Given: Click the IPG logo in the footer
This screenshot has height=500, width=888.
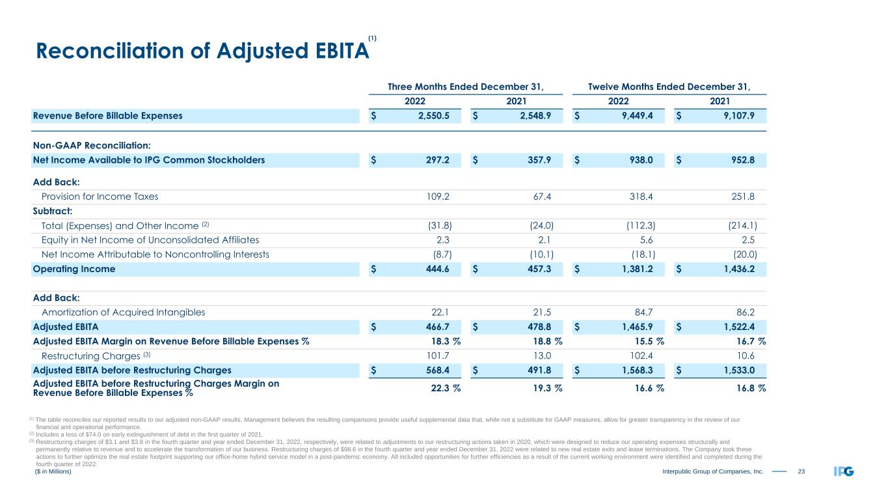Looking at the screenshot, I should point(843,471).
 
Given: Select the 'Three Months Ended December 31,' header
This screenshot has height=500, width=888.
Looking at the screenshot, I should point(465,86).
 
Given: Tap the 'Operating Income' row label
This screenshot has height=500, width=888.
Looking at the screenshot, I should point(74,269).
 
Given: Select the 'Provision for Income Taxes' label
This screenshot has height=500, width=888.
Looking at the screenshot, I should point(100,197).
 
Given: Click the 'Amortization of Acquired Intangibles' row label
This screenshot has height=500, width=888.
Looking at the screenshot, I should point(123,312).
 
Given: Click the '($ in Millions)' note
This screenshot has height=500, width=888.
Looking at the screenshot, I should point(53,471).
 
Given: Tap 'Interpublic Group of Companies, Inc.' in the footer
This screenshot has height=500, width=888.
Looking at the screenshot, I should point(712,471).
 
